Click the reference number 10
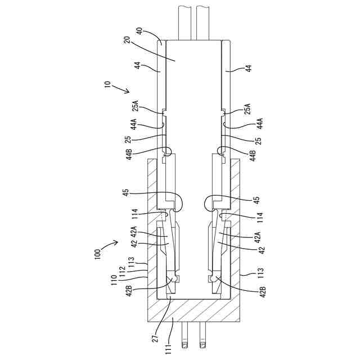coord(107,84)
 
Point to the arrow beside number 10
coord(120,89)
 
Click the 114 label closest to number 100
coord(134,214)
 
